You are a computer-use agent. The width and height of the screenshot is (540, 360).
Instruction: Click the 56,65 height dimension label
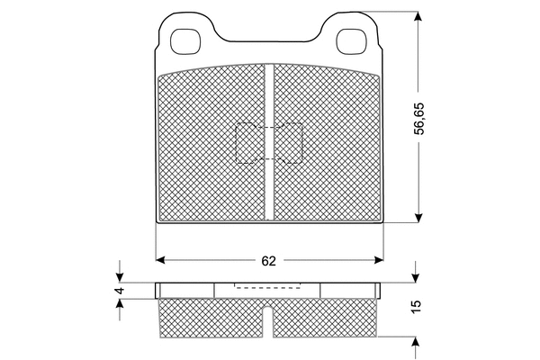pyautogui.click(x=419, y=118)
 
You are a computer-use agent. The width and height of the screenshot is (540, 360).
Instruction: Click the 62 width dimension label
pyautogui.click(x=268, y=261)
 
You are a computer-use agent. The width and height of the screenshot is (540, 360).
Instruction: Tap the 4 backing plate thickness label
pyautogui.click(x=120, y=291)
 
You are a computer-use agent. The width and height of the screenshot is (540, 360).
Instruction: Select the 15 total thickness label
pyautogui.click(x=416, y=307)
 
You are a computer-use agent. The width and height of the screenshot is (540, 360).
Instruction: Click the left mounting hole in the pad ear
pyautogui.click(x=185, y=41)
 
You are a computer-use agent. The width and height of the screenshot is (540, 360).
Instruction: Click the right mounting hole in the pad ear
pyautogui.click(x=351, y=41)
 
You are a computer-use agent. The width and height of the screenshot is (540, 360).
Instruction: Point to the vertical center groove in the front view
pyautogui.click(x=269, y=142)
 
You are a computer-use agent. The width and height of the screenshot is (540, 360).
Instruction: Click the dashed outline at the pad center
pyautogui.click(x=269, y=143)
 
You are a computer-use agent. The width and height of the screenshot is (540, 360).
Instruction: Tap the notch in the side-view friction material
pyautogui.click(x=268, y=321)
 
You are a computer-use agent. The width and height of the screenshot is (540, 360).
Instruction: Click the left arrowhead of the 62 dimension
pyautogui.click(x=160, y=260)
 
